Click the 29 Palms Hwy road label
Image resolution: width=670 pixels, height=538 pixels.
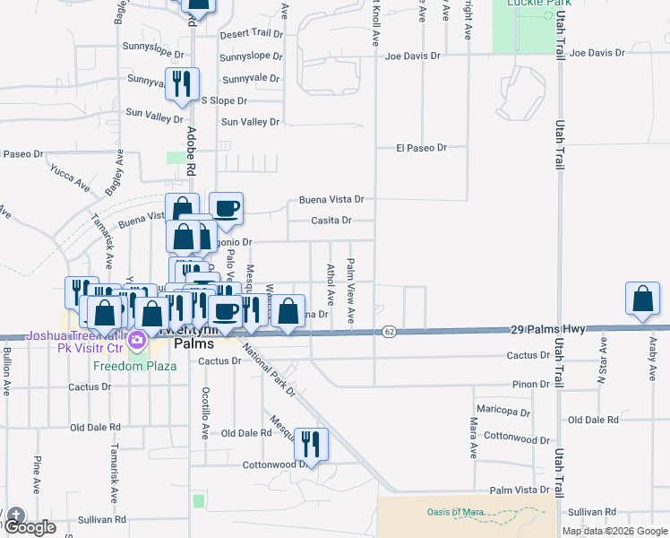pos(548,330)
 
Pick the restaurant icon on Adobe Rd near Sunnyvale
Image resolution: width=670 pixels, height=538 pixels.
pos(182,85)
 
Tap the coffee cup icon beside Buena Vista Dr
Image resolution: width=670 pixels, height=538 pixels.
pos(226,209)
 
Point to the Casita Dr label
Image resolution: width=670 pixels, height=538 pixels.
pos(331,221)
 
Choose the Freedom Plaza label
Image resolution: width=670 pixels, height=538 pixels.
pos(126,366)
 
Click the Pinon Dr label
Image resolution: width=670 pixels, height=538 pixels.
pos(532,385)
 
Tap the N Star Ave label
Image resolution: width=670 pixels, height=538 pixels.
pos(603,358)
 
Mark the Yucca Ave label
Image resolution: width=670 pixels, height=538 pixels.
pos(70,178)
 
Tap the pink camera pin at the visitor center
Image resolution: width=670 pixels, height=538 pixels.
pos(137,341)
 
